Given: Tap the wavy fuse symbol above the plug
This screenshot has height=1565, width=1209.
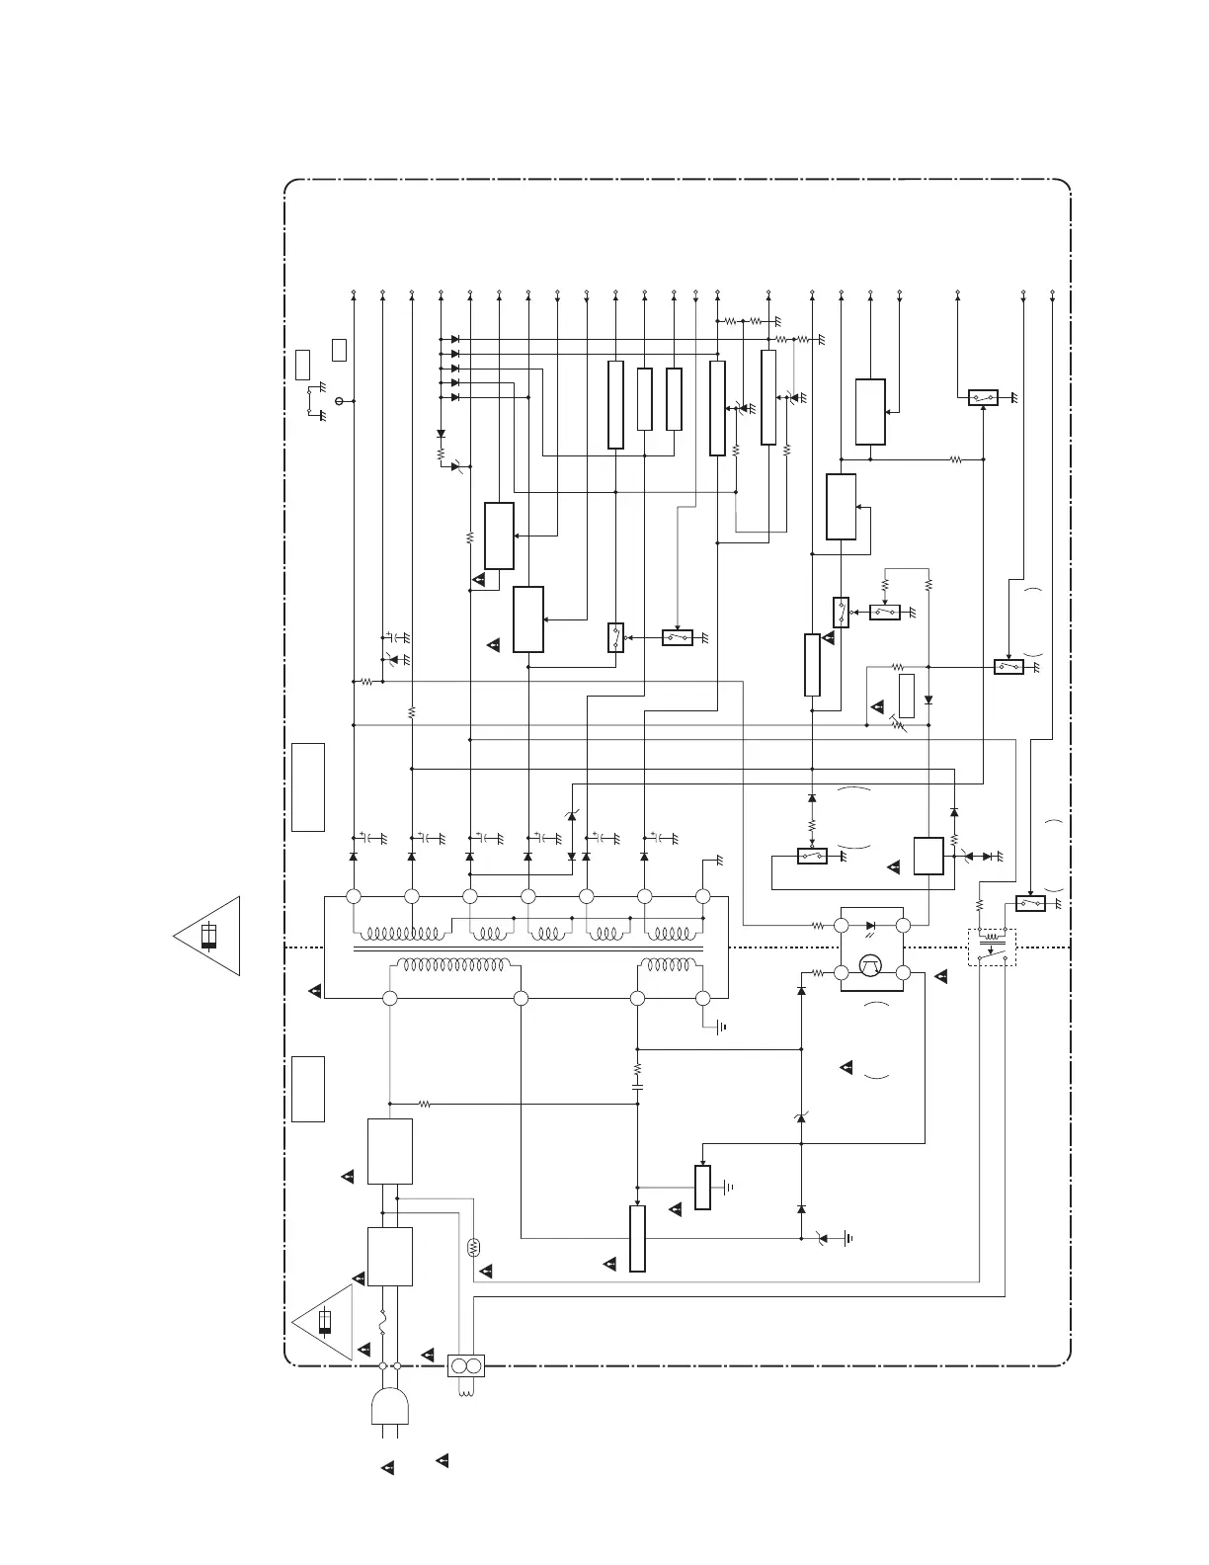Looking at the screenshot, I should pyautogui.click(x=383, y=1325).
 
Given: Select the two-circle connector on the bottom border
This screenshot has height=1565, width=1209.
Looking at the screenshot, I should pyautogui.click(x=464, y=1366).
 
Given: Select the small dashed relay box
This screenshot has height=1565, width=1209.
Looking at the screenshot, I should pyautogui.click(x=992, y=947).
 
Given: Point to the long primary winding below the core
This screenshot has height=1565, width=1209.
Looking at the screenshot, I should pyautogui.click(x=452, y=965).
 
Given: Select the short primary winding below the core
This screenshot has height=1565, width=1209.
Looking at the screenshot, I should pyautogui.click(x=670, y=965).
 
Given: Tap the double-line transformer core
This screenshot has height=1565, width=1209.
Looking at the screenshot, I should pyautogui.click(x=528, y=949).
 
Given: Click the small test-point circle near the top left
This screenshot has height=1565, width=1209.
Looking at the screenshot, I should pyautogui.click(x=340, y=401).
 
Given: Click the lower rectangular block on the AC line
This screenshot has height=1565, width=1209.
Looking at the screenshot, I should pyautogui.click(x=390, y=1257).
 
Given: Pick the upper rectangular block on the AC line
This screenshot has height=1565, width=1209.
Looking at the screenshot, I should pyautogui.click(x=390, y=1151).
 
